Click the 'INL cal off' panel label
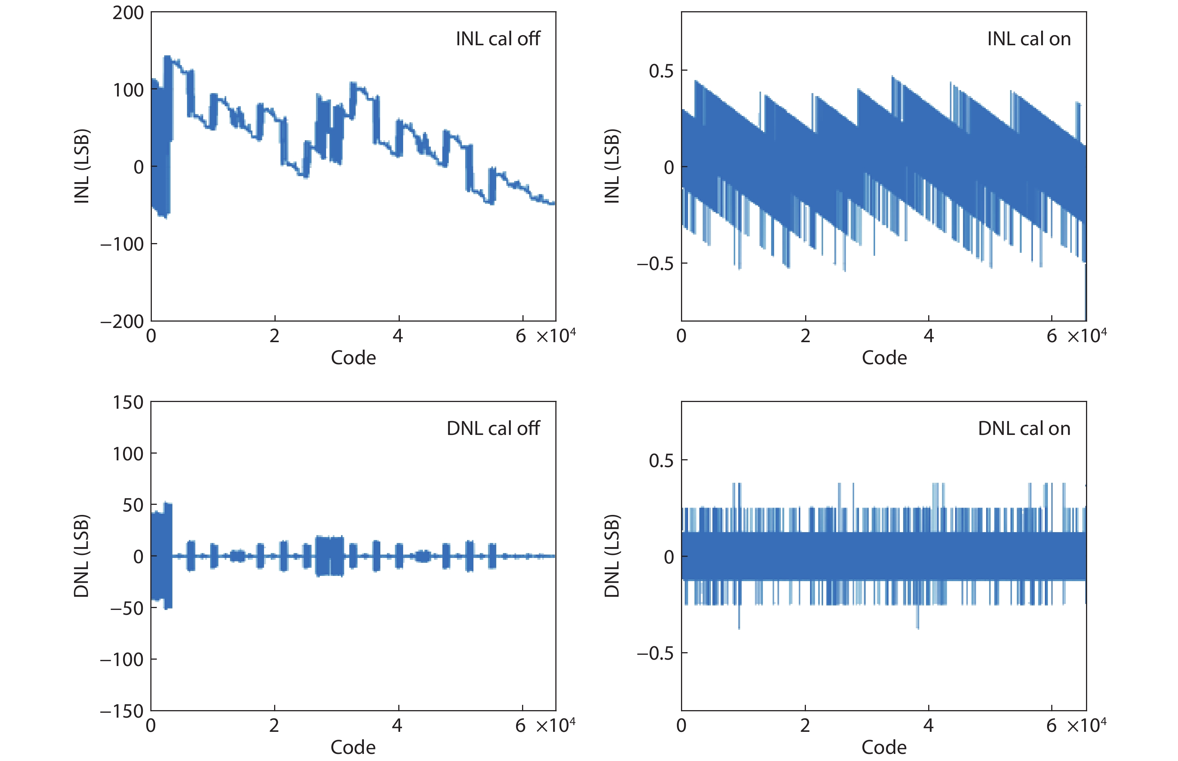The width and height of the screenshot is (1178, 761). (498, 39)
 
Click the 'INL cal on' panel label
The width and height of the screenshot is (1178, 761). (1028, 39)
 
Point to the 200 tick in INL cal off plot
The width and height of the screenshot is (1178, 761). (128, 13)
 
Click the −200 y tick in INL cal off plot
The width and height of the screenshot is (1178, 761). (122, 322)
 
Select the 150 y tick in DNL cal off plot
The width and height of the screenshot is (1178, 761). (128, 402)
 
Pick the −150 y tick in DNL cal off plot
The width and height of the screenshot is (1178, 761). (122, 711)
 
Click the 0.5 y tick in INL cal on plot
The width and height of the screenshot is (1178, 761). (661, 71)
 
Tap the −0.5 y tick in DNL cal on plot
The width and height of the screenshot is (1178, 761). (655, 653)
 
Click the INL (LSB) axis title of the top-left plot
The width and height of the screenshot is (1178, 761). (82, 166)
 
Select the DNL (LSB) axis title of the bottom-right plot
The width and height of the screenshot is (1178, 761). (612, 556)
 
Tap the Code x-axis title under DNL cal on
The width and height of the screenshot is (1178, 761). (884, 747)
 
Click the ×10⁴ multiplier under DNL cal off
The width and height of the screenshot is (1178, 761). (556, 725)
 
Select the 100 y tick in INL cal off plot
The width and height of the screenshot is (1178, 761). (128, 90)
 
